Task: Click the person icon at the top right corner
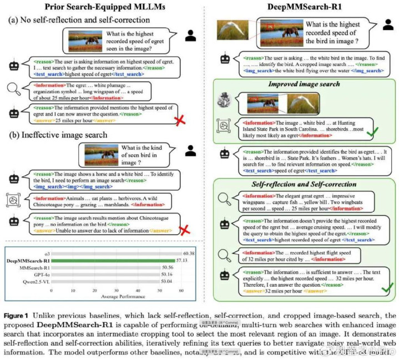(x=387, y=25)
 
